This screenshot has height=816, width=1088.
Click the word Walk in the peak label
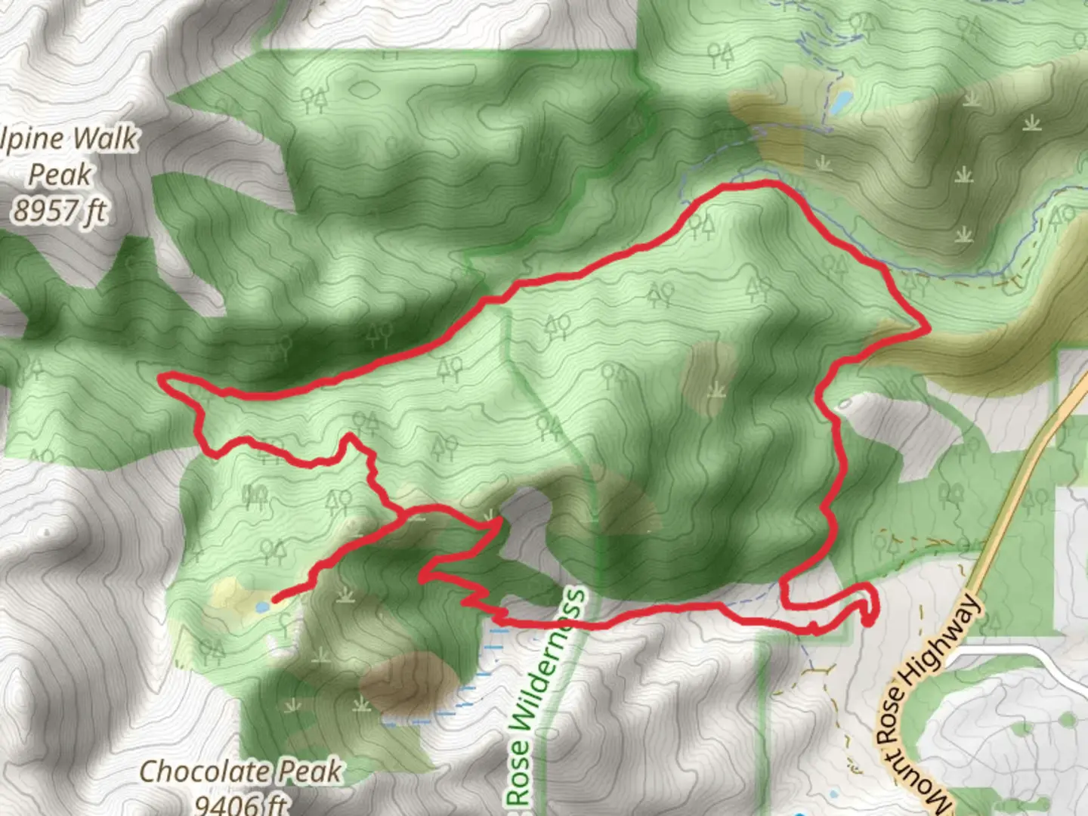pyautogui.click(x=103, y=139)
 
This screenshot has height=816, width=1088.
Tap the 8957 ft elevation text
pyautogui.click(x=59, y=211)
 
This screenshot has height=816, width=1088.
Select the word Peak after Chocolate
pyautogui.click(x=310, y=772)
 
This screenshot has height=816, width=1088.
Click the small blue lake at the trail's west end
pyautogui.click(x=262, y=606)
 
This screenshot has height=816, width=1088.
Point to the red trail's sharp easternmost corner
pyautogui.click(x=926, y=329)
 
